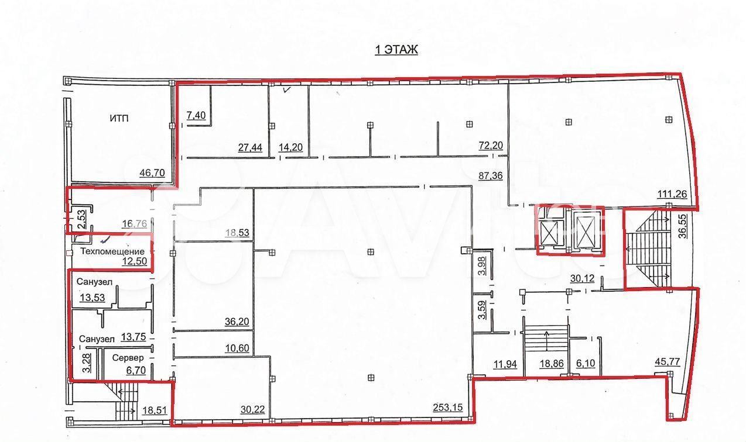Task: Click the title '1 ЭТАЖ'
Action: pyautogui.click(x=396, y=50)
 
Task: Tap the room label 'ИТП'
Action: pyautogui.click(x=119, y=118)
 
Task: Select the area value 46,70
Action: pyautogui.click(x=152, y=173)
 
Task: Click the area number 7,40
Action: pyautogui.click(x=196, y=115)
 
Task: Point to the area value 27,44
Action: pyautogui.click(x=250, y=147)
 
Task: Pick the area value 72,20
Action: pyautogui.click(x=491, y=146)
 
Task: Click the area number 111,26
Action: pyautogui.click(x=672, y=194)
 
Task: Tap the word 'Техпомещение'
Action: pyautogui.click(x=112, y=251)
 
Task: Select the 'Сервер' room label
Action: pyautogui.click(x=128, y=358)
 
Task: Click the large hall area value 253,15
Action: pyautogui.click(x=447, y=407)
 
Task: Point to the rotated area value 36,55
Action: pyautogui.click(x=683, y=226)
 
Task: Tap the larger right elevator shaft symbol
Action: pyautogui.click(x=586, y=230)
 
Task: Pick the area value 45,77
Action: pyautogui.click(x=668, y=361)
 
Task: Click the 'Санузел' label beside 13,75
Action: pyautogui.click(x=97, y=339)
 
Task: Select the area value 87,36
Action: pyautogui.click(x=491, y=175)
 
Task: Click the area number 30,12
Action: pyautogui.click(x=583, y=278)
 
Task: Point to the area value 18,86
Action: pyautogui.click(x=552, y=364)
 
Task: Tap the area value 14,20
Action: pyautogui.click(x=290, y=147)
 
